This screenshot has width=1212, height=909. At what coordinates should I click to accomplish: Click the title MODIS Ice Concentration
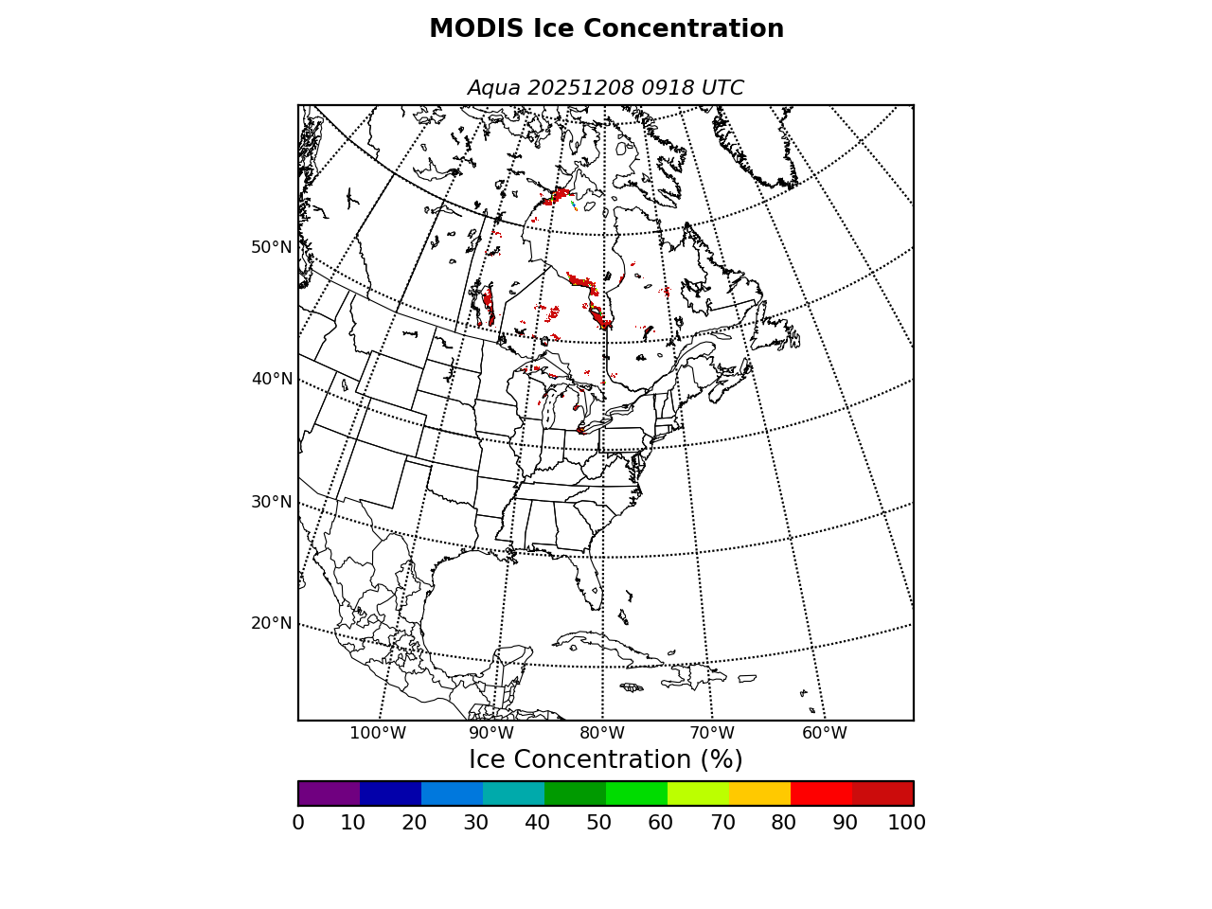coord(606,29)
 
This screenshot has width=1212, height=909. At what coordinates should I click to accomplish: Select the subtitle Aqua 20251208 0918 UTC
coord(606,88)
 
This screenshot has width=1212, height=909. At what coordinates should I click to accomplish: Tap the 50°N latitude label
coord(272,247)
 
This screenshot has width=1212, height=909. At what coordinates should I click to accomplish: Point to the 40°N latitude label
coord(272,379)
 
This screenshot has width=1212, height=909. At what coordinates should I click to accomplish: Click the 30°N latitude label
coord(272,502)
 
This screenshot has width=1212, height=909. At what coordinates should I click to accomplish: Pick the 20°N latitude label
coord(272,623)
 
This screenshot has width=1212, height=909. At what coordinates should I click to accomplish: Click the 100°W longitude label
coord(378,733)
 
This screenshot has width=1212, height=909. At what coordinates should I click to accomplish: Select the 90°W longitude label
coord(491,733)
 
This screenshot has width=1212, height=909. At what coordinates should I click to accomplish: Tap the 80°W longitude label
coord(602,733)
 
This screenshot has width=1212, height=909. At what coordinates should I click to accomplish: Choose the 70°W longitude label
coord(712,733)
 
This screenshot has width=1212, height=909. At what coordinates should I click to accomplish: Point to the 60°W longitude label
coord(825,733)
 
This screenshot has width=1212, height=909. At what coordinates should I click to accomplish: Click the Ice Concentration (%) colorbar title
coord(606,760)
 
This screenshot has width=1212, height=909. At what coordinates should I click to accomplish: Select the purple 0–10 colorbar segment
coord(329,793)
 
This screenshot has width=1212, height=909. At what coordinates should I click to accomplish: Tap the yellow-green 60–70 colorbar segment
coord(698,793)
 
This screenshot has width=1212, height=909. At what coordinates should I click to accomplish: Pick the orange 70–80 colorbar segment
coord(759,793)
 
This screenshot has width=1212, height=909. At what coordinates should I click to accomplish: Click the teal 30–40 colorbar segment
coord(513,793)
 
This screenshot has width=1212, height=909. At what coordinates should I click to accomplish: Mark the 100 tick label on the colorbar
coord(906,823)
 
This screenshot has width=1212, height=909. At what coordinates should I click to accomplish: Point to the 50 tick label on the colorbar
coord(598,823)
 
